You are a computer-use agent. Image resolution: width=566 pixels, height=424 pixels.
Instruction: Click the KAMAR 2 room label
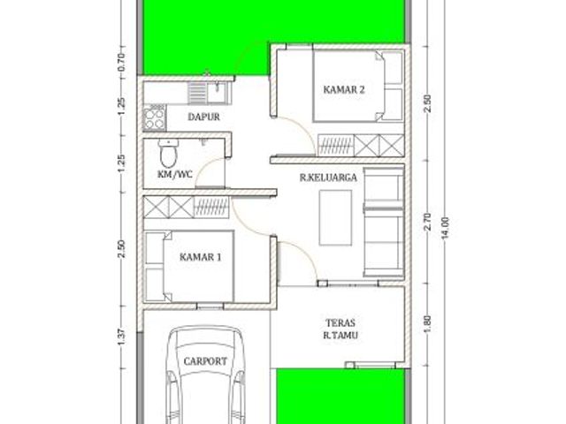(344, 89)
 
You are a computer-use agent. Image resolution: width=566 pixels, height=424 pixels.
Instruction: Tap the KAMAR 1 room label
(201, 257)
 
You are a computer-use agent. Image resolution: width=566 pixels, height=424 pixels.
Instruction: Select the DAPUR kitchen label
(204, 117)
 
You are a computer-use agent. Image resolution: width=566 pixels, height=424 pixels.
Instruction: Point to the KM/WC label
(175, 175)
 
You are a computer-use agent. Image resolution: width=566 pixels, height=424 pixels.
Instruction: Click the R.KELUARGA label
(328, 178)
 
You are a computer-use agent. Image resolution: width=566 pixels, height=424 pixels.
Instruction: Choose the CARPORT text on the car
(205, 361)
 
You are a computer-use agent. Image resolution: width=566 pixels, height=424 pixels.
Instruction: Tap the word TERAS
(340, 322)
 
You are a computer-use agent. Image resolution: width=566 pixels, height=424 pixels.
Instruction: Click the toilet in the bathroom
(169, 153)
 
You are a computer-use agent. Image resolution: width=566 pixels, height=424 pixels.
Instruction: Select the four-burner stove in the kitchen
(155, 117)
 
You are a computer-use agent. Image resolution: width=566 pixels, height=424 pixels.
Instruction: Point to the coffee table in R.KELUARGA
(335, 218)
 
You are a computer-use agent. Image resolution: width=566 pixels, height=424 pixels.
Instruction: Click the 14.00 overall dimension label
(446, 228)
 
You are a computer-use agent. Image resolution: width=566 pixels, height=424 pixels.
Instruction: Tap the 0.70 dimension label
(121, 62)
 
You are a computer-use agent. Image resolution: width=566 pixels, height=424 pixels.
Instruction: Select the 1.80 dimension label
(428, 324)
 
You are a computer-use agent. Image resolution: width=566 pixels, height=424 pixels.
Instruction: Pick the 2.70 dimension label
(428, 222)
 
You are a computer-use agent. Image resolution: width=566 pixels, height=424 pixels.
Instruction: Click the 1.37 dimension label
(121, 337)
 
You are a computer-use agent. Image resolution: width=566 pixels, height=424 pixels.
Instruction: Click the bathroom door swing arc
(204, 166)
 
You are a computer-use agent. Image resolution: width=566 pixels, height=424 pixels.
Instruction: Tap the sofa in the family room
(383, 223)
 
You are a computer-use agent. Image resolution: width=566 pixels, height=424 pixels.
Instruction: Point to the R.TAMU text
(340, 336)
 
